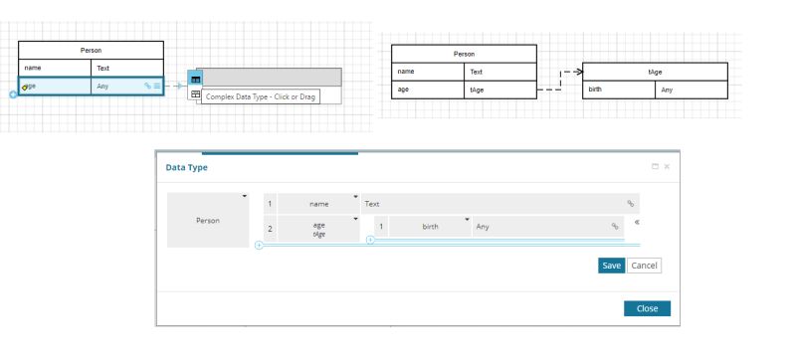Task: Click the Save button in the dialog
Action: (x=611, y=266)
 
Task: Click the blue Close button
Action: (x=647, y=308)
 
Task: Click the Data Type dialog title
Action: (x=187, y=167)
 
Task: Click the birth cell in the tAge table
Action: (x=617, y=90)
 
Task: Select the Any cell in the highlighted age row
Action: (x=115, y=87)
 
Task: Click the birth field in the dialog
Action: (x=430, y=227)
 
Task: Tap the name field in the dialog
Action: (x=318, y=203)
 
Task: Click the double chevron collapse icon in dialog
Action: (x=637, y=224)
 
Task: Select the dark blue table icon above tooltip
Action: (x=195, y=79)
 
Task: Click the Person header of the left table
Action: (x=91, y=50)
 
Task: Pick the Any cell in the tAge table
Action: (x=692, y=90)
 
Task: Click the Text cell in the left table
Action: (x=126, y=68)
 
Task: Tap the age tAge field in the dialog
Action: (x=318, y=230)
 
